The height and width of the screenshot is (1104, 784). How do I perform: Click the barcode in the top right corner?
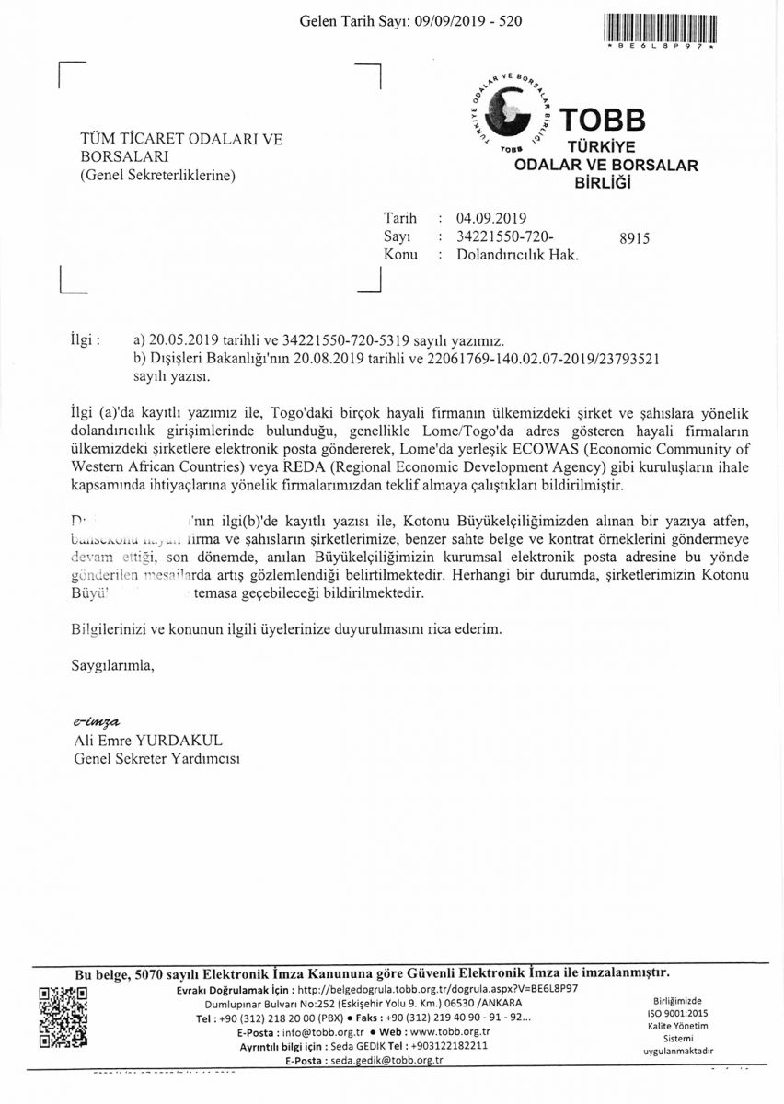tap(661, 25)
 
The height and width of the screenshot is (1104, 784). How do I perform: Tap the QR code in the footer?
tap(63, 1018)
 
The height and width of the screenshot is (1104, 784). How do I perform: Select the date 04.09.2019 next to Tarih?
tap(491, 219)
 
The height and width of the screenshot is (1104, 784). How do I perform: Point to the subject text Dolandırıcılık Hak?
tap(517, 255)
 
